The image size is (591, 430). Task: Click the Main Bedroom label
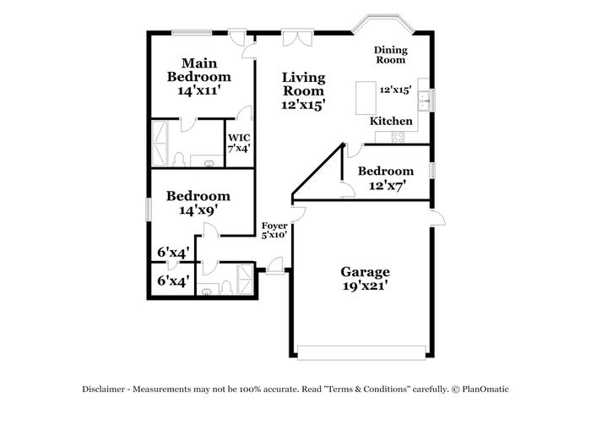click(x=198, y=70)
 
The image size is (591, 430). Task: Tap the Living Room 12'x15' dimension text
click(x=303, y=105)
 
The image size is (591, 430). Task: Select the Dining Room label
click(x=390, y=55)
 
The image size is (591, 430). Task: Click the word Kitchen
click(x=391, y=121)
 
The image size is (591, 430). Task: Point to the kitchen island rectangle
click(x=366, y=98)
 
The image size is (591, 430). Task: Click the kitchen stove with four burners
click(x=398, y=137)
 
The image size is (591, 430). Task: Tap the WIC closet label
click(x=239, y=138)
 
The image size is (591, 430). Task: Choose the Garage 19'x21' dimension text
click(x=366, y=286)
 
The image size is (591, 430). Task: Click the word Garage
click(x=366, y=272)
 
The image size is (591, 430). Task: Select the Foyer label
click(x=274, y=226)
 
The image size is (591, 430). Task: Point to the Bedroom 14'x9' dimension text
click(x=198, y=210)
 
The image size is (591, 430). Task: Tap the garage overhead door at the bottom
click(x=361, y=352)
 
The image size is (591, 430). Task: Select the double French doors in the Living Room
click(x=298, y=37)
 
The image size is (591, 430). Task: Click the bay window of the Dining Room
click(x=383, y=24)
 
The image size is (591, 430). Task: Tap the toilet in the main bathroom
click(x=179, y=159)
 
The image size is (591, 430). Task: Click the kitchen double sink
click(x=423, y=101)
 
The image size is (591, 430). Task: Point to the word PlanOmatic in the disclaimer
click(x=485, y=389)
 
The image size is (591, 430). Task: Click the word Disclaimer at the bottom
click(x=104, y=389)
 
